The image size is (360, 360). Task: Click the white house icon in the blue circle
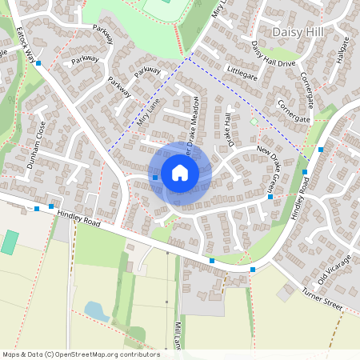[180, 173]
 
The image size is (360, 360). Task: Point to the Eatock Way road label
[28, 46]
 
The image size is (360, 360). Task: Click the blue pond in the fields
[96, 310]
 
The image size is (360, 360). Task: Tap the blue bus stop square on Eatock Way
[38, 62]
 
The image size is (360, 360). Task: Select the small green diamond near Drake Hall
[254, 122]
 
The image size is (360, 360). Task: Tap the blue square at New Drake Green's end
[270, 196]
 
